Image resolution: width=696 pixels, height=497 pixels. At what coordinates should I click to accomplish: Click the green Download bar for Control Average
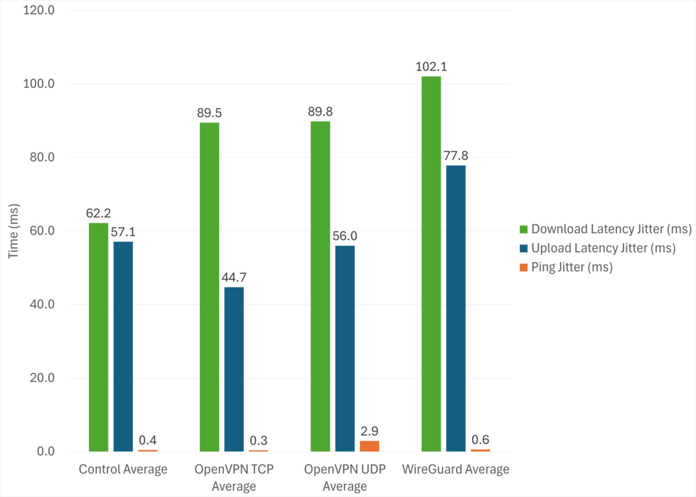point(98,338)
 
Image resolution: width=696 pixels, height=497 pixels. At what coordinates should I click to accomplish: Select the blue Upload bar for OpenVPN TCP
point(234,370)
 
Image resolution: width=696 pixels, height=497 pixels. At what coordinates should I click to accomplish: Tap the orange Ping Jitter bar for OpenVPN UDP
point(370,446)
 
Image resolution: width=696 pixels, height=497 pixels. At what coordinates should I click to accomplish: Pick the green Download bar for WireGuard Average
point(431,264)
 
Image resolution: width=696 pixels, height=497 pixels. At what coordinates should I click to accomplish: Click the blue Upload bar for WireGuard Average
point(456,308)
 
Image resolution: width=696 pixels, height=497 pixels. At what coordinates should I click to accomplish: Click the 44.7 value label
point(234,277)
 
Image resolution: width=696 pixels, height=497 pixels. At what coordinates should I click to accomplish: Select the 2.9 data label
point(370,431)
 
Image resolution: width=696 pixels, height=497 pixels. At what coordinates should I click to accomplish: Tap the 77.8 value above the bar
point(456,155)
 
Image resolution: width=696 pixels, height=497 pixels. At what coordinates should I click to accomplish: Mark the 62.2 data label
point(98,213)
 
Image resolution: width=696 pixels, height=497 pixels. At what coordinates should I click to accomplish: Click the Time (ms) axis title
point(14,232)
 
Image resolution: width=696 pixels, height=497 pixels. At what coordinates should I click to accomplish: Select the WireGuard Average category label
point(456,469)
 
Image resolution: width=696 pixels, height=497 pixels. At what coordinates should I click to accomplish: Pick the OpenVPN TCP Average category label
point(234,478)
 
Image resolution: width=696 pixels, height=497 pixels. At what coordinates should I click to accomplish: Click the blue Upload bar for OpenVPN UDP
point(345,349)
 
